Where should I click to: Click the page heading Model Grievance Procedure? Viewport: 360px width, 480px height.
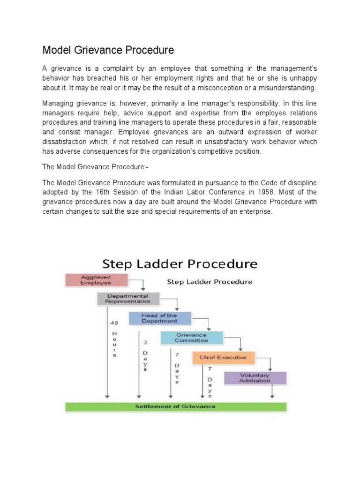click(x=108, y=50)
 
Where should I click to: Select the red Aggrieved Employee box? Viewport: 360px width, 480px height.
click(x=96, y=280)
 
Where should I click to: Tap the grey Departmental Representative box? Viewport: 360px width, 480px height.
click(x=128, y=299)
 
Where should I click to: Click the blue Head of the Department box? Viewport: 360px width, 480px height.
click(x=160, y=318)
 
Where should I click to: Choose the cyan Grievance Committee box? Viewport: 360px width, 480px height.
click(x=191, y=337)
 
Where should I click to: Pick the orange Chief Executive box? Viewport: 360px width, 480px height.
click(x=223, y=357)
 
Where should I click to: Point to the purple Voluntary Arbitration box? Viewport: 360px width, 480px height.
click(x=255, y=378)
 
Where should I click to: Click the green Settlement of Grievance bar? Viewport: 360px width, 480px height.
click(x=175, y=406)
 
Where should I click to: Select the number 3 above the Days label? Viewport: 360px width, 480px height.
click(x=145, y=343)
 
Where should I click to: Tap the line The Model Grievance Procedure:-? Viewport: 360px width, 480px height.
click(x=89, y=166)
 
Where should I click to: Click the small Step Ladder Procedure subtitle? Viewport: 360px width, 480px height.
click(x=210, y=282)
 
